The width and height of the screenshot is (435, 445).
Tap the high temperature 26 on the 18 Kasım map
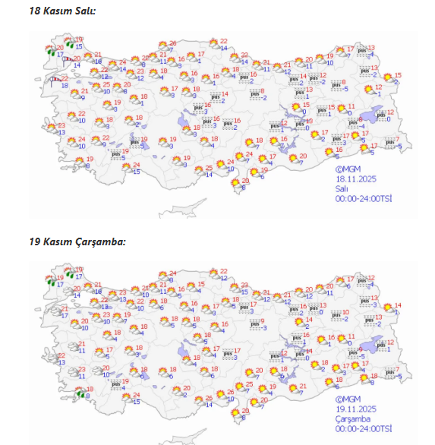tap(172, 43)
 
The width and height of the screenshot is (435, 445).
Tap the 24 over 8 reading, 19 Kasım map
tap(172, 273)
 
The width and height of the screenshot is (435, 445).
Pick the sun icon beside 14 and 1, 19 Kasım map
tap(388, 308)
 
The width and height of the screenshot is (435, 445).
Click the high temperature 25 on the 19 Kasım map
tap(249, 384)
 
